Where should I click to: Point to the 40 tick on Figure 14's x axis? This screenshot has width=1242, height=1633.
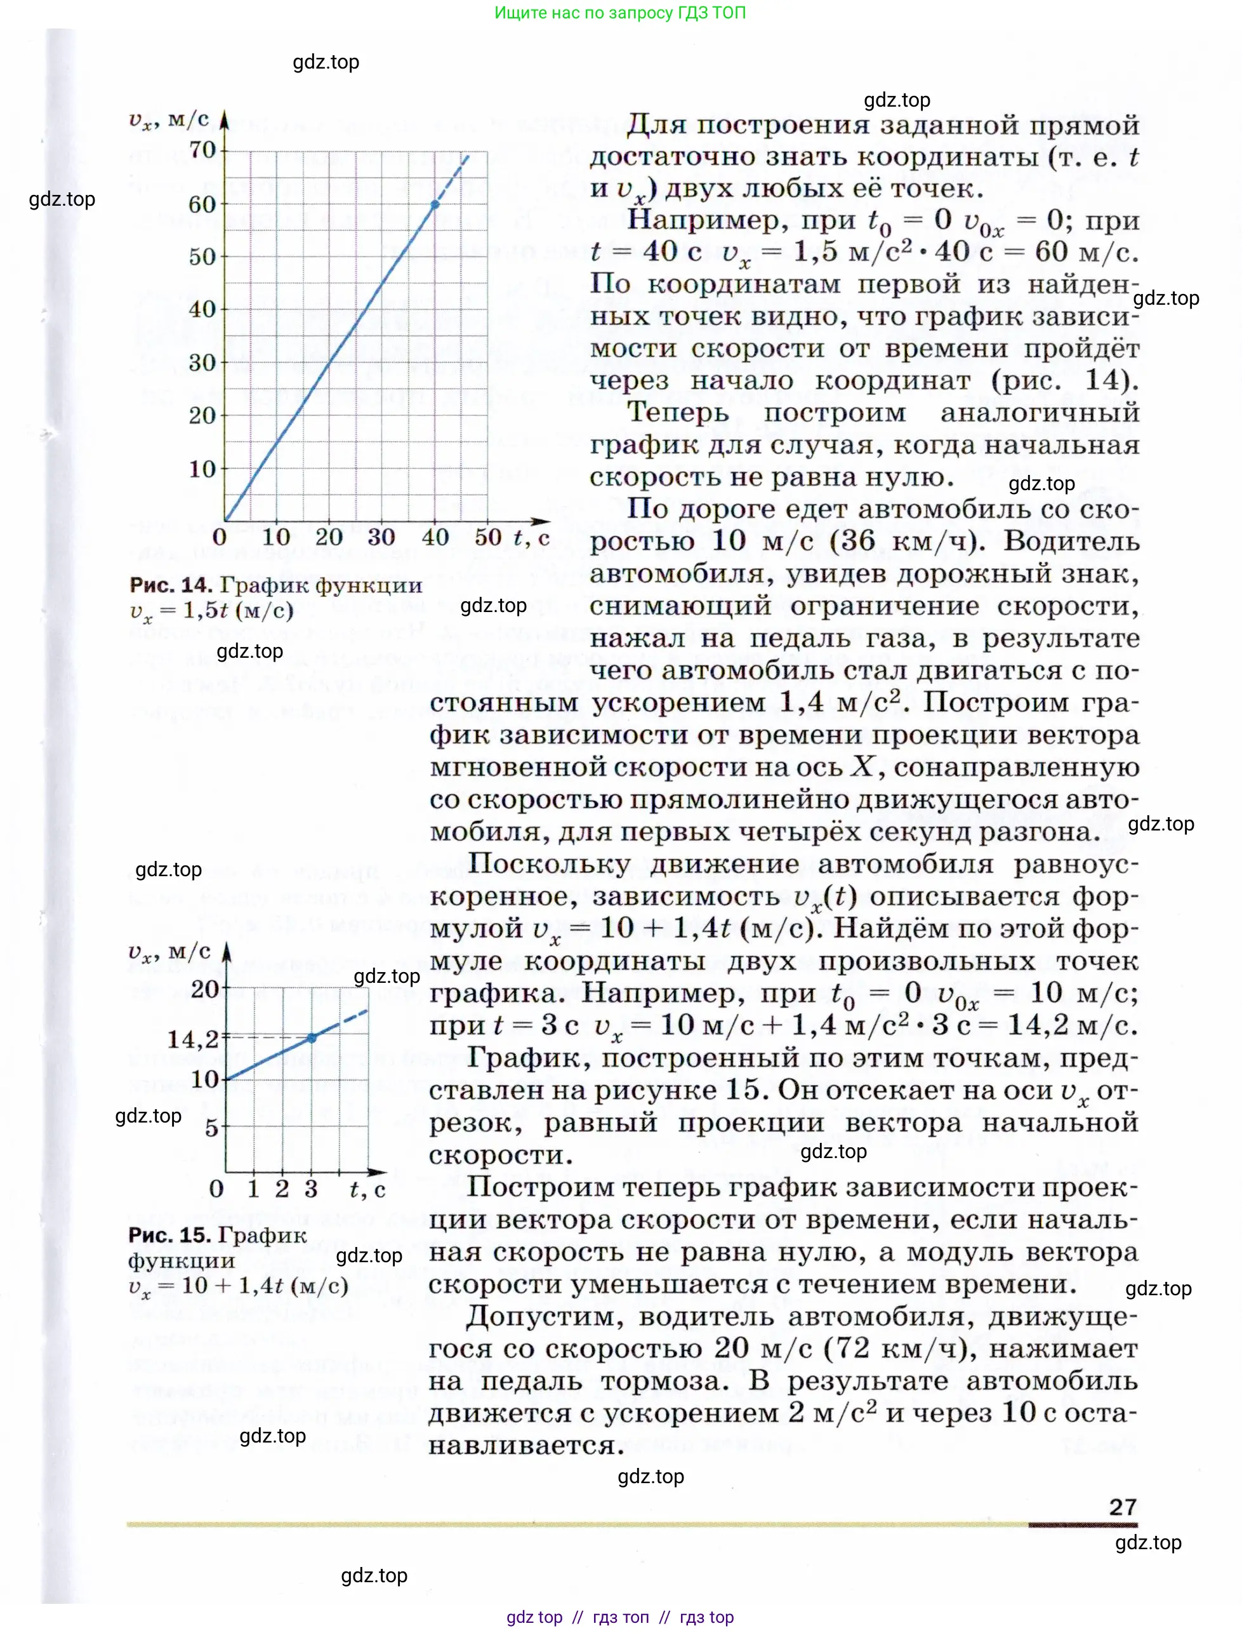point(435,538)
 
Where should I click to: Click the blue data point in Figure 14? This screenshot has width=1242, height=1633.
point(435,204)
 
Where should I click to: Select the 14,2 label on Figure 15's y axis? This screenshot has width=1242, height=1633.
point(193,1039)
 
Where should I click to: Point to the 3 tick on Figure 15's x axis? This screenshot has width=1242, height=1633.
point(311,1189)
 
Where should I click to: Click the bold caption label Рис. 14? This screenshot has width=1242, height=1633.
point(171,585)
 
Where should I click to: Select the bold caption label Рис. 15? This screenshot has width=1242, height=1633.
point(170,1234)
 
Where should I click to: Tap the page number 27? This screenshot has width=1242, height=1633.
point(1122,1507)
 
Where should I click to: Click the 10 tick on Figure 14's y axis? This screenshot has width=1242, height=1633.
point(202,469)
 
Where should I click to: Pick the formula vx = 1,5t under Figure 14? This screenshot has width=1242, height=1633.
point(211,611)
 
